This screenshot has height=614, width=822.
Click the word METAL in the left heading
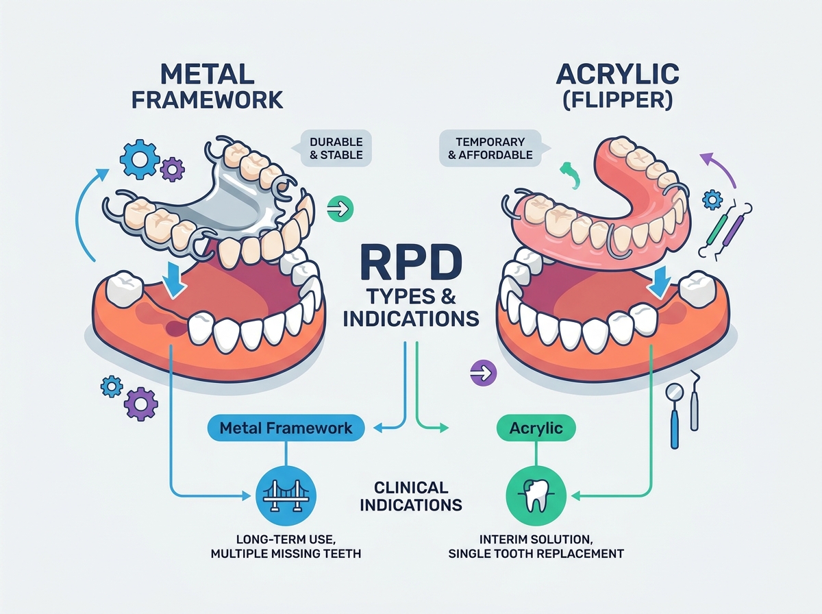tap(207, 74)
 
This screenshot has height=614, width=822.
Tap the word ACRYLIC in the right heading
tap(618, 74)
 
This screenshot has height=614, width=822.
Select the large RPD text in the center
tap(411, 262)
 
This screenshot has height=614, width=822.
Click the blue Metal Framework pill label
tap(286, 428)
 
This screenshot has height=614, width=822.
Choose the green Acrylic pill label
tap(536, 428)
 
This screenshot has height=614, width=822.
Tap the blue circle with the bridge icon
tap(286, 496)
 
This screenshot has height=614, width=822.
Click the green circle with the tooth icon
tap(536, 496)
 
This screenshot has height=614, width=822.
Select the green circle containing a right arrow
tap(340, 208)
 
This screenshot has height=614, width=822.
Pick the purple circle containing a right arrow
tap(484, 373)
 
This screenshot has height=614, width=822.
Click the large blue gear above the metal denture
tap(138, 159)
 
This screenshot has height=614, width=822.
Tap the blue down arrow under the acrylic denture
tap(661, 283)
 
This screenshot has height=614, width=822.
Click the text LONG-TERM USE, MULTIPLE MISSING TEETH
tap(286, 547)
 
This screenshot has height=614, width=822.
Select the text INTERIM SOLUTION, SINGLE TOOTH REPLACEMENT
tap(536, 547)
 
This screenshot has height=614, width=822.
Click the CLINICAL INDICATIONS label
tap(411, 496)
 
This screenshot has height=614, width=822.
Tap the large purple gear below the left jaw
tap(141, 404)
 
